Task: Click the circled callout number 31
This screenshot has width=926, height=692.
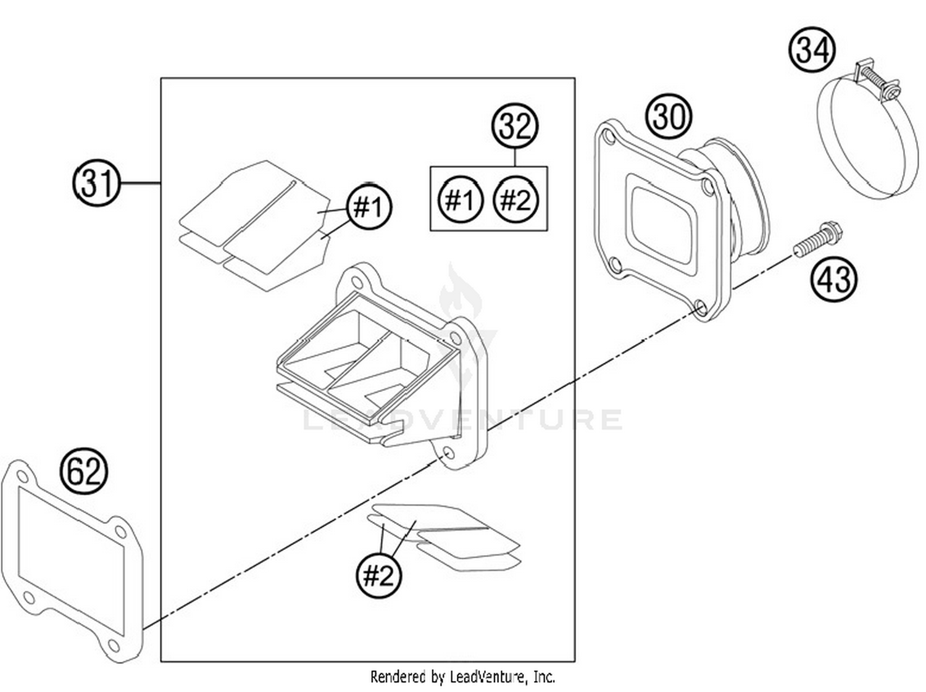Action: pyautogui.click(x=97, y=183)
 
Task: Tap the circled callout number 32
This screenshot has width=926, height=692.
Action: pyautogui.click(x=515, y=127)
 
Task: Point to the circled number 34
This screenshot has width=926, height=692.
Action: pyautogui.click(x=812, y=50)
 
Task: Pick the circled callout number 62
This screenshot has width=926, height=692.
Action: pyautogui.click(x=83, y=471)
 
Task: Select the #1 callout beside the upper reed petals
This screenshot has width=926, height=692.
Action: pyautogui.click(x=369, y=207)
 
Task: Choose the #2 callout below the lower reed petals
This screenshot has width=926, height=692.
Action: pyautogui.click(x=378, y=575)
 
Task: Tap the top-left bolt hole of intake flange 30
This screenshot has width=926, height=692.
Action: pyautogui.click(x=609, y=138)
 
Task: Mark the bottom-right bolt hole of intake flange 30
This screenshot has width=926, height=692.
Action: pyautogui.click(x=700, y=307)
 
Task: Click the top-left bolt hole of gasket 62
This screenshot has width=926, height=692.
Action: pyautogui.click(x=22, y=477)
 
